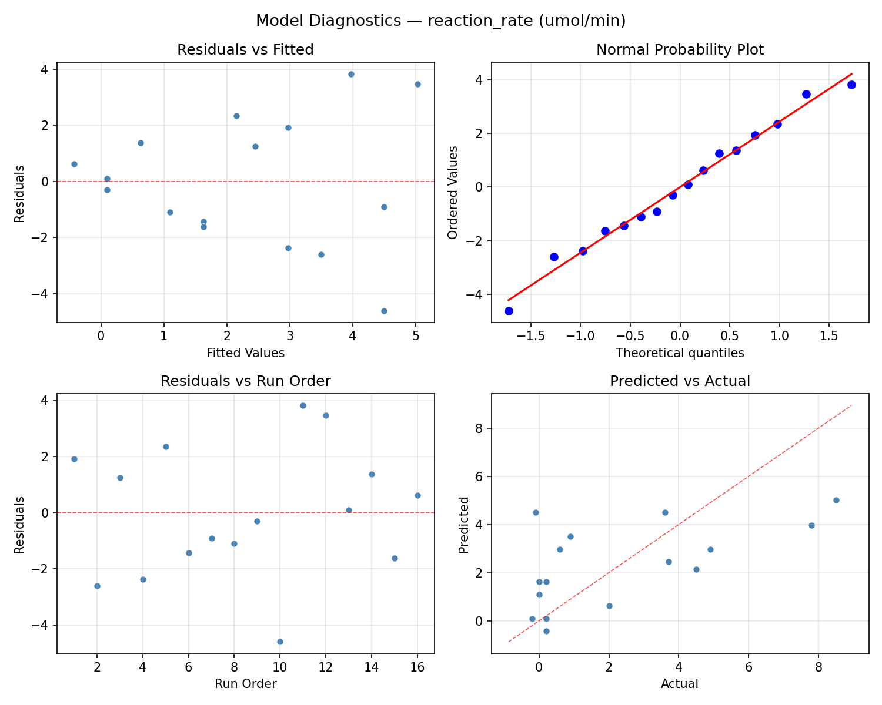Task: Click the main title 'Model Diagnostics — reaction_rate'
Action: tap(440, 21)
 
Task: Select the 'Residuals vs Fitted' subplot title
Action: tap(245, 50)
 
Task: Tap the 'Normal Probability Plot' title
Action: tap(680, 50)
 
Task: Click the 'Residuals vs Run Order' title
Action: tap(245, 381)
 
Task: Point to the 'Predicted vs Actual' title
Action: tap(680, 381)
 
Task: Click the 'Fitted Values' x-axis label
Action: tap(245, 353)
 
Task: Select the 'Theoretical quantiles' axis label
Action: tap(680, 353)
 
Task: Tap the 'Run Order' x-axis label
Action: tap(245, 684)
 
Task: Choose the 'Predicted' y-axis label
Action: tap(464, 525)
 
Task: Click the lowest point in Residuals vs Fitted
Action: tap(384, 311)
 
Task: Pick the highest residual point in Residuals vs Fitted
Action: tap(351, 74)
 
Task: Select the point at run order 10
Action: tap(280, 642)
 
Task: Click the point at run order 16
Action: tap(417, 495)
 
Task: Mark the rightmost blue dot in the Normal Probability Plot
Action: tap(851, 85)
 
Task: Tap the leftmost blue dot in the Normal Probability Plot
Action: tap(509, 311)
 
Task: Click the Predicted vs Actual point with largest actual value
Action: tap(836, 500)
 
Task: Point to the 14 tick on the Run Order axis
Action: tap(372, 667)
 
